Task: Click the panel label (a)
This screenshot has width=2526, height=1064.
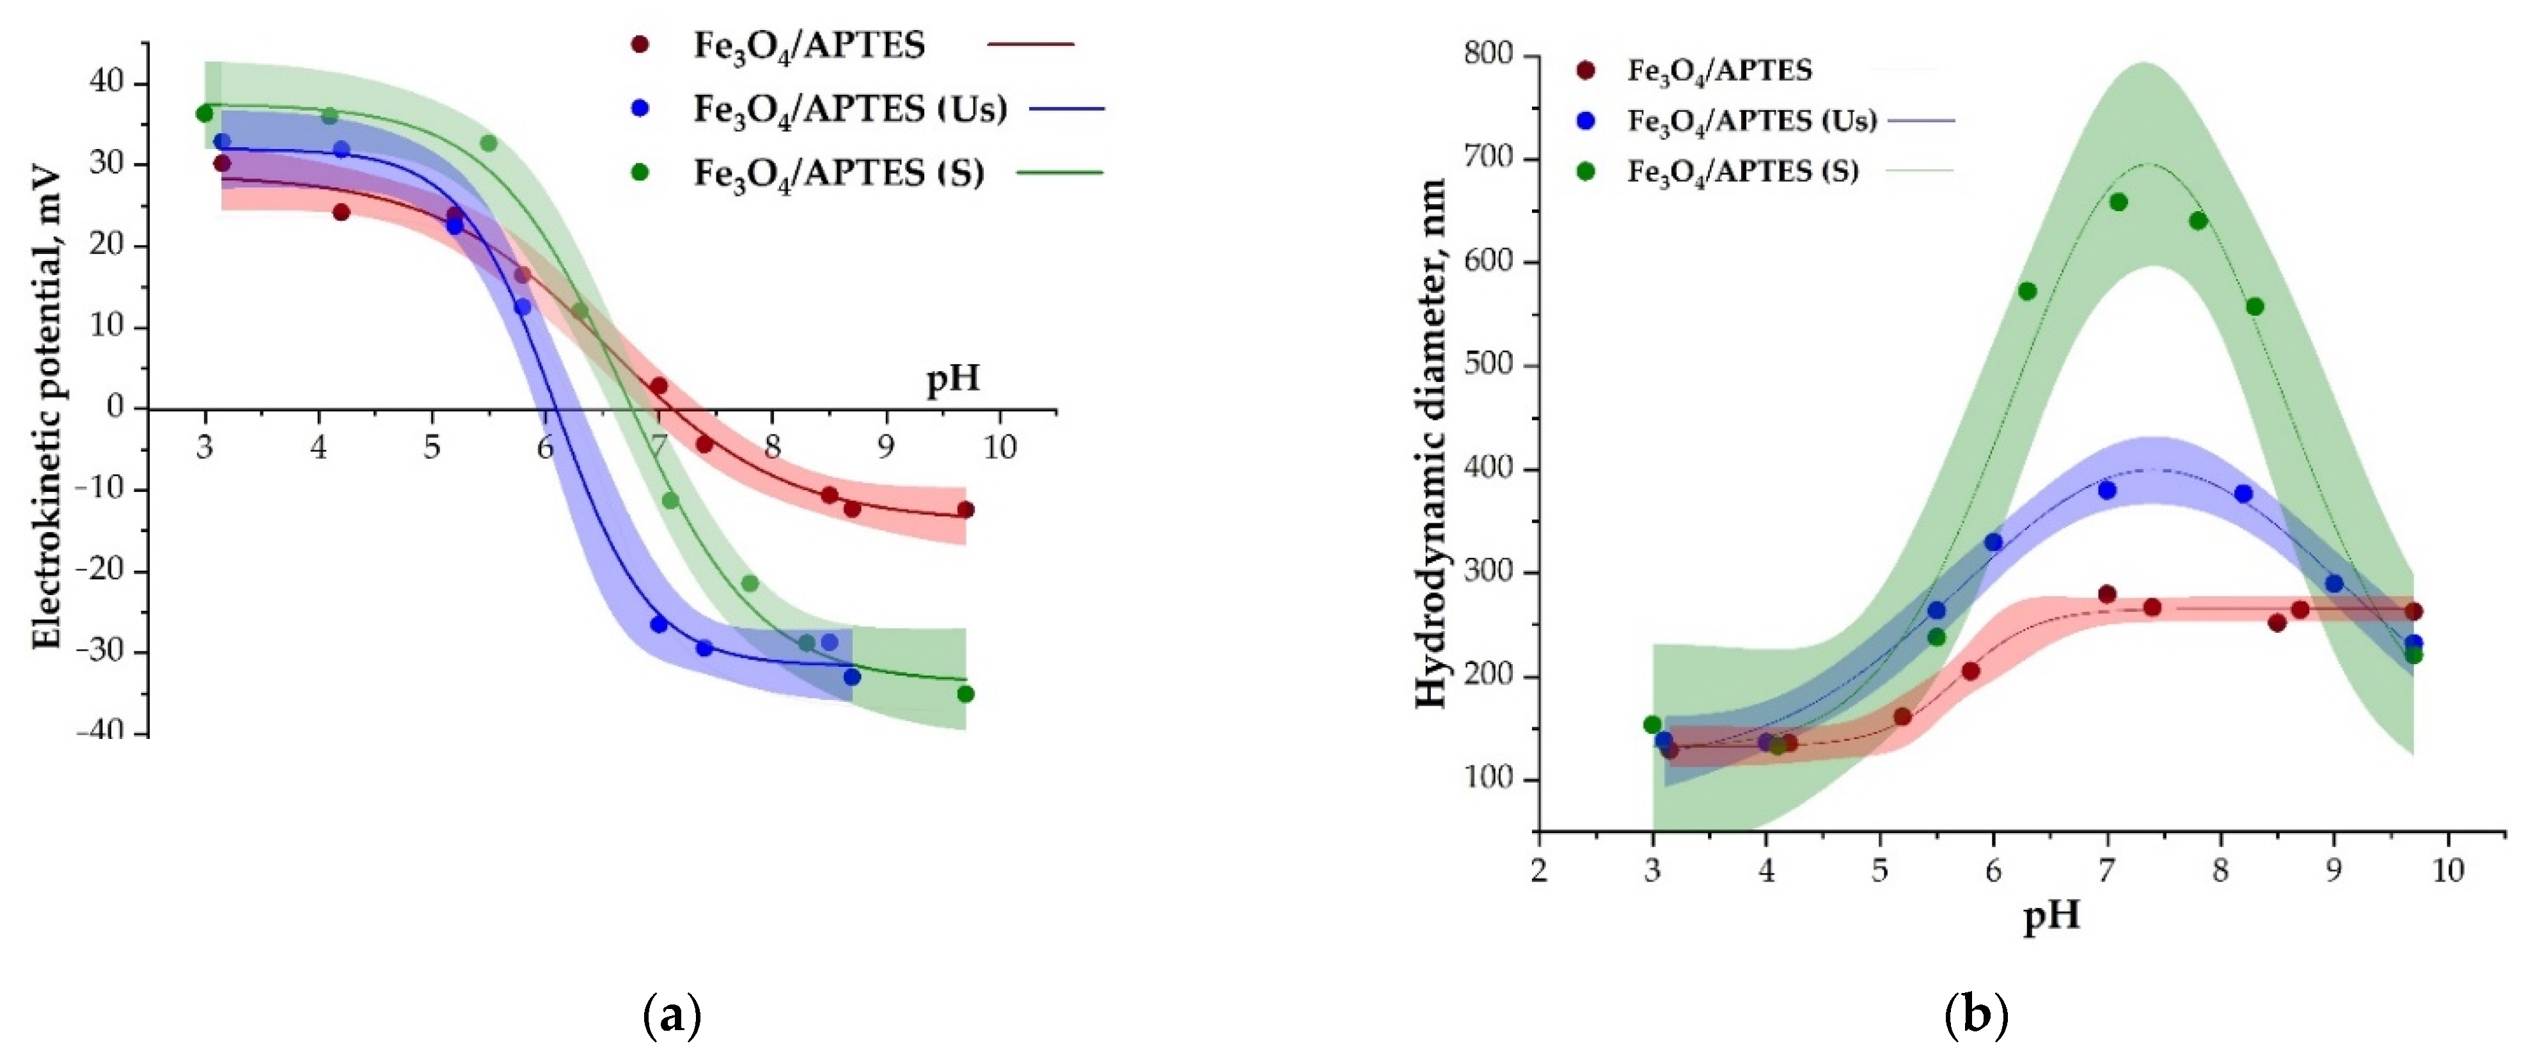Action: tap(672, 1016)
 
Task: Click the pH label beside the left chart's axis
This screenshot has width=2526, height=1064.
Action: tap(953, 379)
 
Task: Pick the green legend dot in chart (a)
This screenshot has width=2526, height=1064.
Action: tap(640, 173)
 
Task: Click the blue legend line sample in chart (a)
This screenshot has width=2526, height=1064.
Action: tap(1067, 109)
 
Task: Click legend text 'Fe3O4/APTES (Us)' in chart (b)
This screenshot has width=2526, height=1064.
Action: tap(1751, 121)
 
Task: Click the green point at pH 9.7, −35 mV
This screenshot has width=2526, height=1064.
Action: tap(966, 694)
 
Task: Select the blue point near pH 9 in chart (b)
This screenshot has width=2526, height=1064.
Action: tap(2334, 584)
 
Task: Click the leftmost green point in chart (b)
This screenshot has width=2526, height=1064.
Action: tap(1652, 725)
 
